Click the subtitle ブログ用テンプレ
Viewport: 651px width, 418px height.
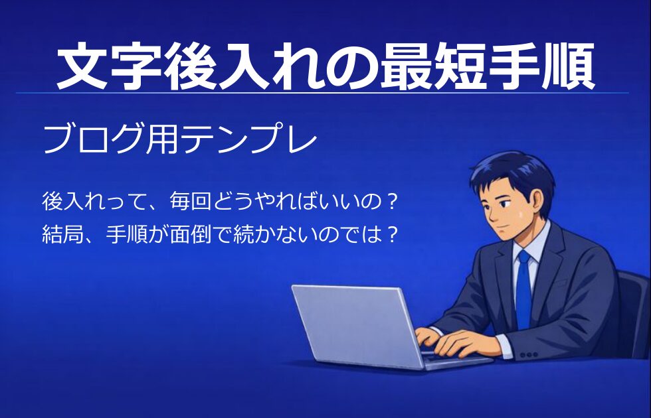pos(180,139)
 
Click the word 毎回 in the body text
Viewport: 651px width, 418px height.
pos(191,202)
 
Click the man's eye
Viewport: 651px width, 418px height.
pos(504,204)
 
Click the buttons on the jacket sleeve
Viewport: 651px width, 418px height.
pos(529,355)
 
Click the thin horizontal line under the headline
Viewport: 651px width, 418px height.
pos(322,92)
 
